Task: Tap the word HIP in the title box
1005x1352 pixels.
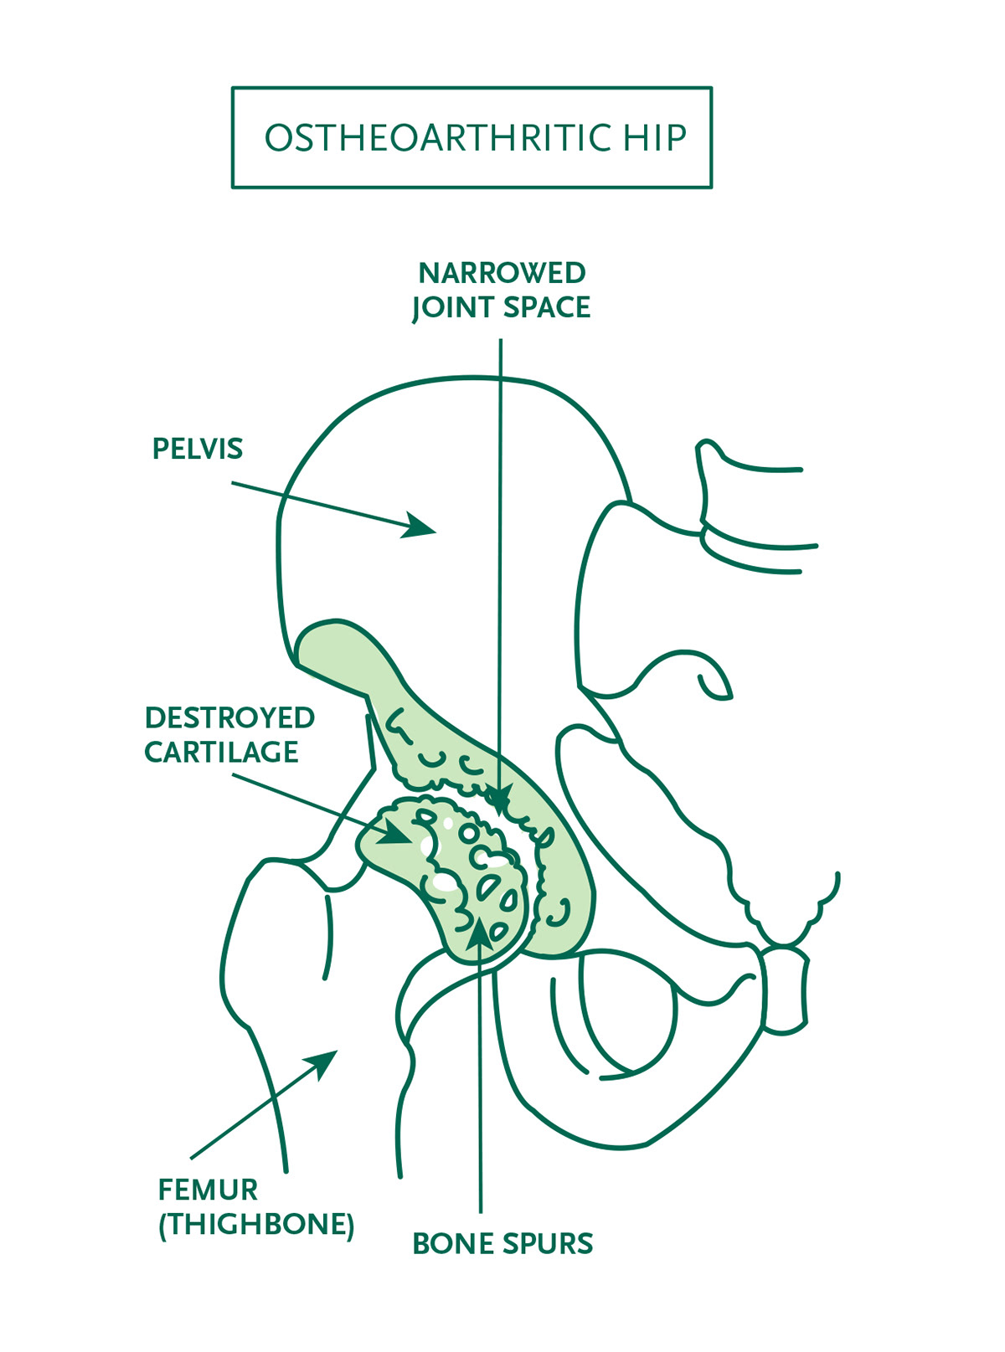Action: click(x=654, y=138)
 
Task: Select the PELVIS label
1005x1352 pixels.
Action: click(x=198, y=450)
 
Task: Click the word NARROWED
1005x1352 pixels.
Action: click(x=502, y=274)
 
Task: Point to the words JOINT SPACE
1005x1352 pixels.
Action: click(x=502, y=308)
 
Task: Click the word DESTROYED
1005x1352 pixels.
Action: click(x=229, y=718)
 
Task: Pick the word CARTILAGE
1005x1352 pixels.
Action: click(x=221, y=753)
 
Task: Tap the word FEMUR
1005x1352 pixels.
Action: click(x=208, y=1190)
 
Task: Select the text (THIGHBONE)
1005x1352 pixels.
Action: click(x=256, y=1225)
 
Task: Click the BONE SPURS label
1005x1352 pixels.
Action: click(x=502, y=1244)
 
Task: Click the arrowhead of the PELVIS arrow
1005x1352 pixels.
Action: click(x=421, y=527)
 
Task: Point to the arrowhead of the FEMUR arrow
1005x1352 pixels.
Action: click(x=325, y=1062)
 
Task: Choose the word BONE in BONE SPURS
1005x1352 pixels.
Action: click(x=453, y=1244)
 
